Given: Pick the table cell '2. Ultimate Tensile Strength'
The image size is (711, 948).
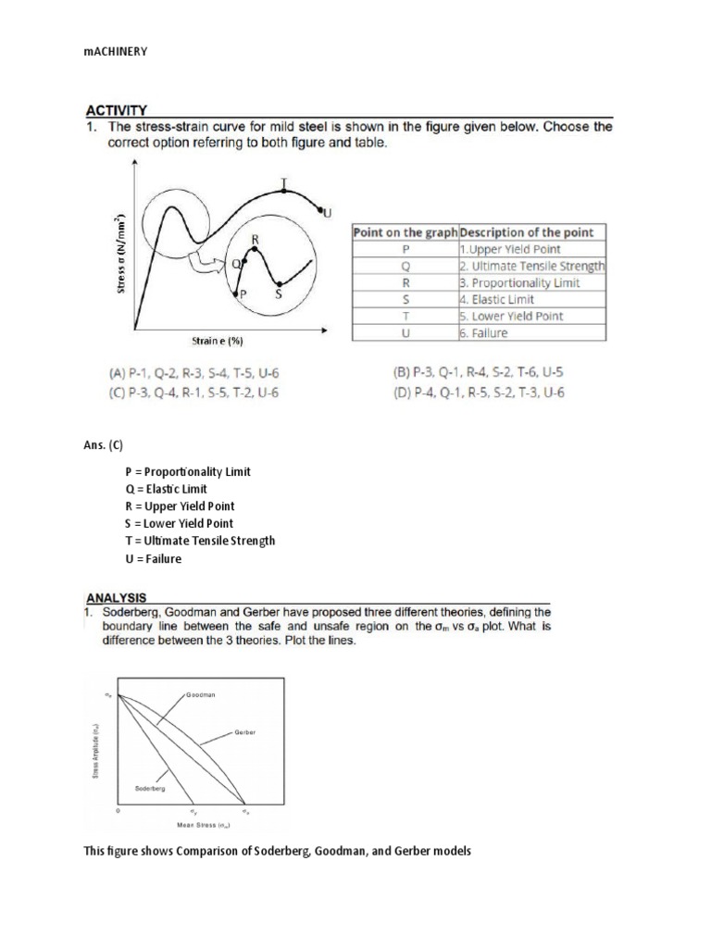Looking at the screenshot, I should click(x=531, y=266).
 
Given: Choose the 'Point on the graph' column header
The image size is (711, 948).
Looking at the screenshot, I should click(x=405, y=232).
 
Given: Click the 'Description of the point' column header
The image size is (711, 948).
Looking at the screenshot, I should click(x=527, y=232).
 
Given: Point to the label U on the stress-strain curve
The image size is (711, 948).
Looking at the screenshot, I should click(x=327, y=214).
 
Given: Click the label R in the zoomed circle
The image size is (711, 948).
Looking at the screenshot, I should click(x=256, y=239).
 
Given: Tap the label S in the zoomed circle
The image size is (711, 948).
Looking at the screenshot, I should click(x=278, y=294).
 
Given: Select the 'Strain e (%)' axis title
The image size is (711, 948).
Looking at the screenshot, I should click(x=218, y=341).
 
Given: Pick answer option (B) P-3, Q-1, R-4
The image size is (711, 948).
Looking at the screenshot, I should click(x=479, y=374).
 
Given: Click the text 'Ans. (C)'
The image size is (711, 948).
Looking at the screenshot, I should click(x=103, y=445).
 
